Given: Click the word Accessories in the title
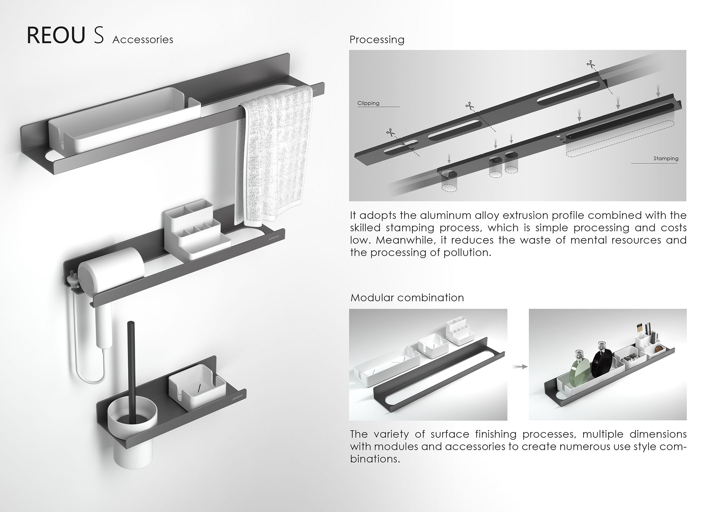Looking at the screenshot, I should click(x=143, y=40).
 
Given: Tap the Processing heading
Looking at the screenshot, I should click(x=377, y=40).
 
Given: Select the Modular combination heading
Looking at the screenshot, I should click(x=407, y=298).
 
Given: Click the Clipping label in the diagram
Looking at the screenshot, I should click(x=368, y=103).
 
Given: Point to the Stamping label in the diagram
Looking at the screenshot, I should click(x=666, y=159).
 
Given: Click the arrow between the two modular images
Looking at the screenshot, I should click(x=518, y=367).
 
